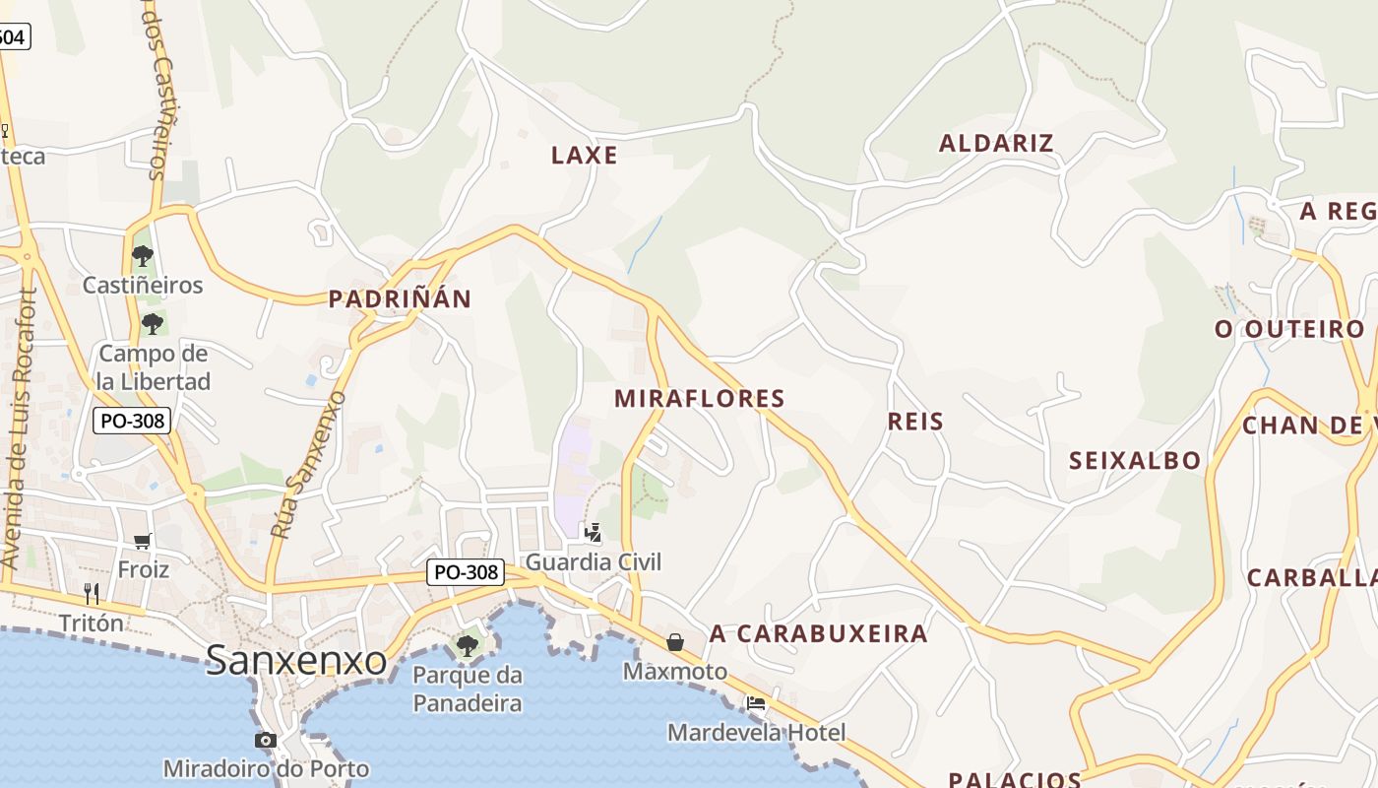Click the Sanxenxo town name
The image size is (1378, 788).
coord(295,661)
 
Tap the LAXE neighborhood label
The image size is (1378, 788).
coord(585,155)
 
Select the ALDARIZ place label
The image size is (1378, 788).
coord(996,143)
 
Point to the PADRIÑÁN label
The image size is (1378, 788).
coord(400,298)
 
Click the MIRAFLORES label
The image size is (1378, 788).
coord(699,398)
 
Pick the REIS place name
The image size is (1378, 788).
coord(915,422)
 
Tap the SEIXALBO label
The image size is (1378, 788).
coord(1135,460)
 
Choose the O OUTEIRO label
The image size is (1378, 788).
coord(1289,329)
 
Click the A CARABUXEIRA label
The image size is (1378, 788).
coord(818,633)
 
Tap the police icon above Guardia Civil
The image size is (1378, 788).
coord(593,533)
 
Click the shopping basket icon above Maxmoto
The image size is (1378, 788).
coord(675,642)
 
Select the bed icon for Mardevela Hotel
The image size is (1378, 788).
coord(756,703)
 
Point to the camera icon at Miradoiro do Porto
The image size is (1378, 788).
coord(265,740)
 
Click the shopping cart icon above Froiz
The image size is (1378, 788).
coord(143,540)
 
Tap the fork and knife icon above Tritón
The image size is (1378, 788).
coord(92,593)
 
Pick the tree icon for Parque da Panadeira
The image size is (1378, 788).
coord(467,646)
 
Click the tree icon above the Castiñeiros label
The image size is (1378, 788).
coord(143,256)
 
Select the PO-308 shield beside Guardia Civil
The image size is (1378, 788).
coord(467,571)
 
